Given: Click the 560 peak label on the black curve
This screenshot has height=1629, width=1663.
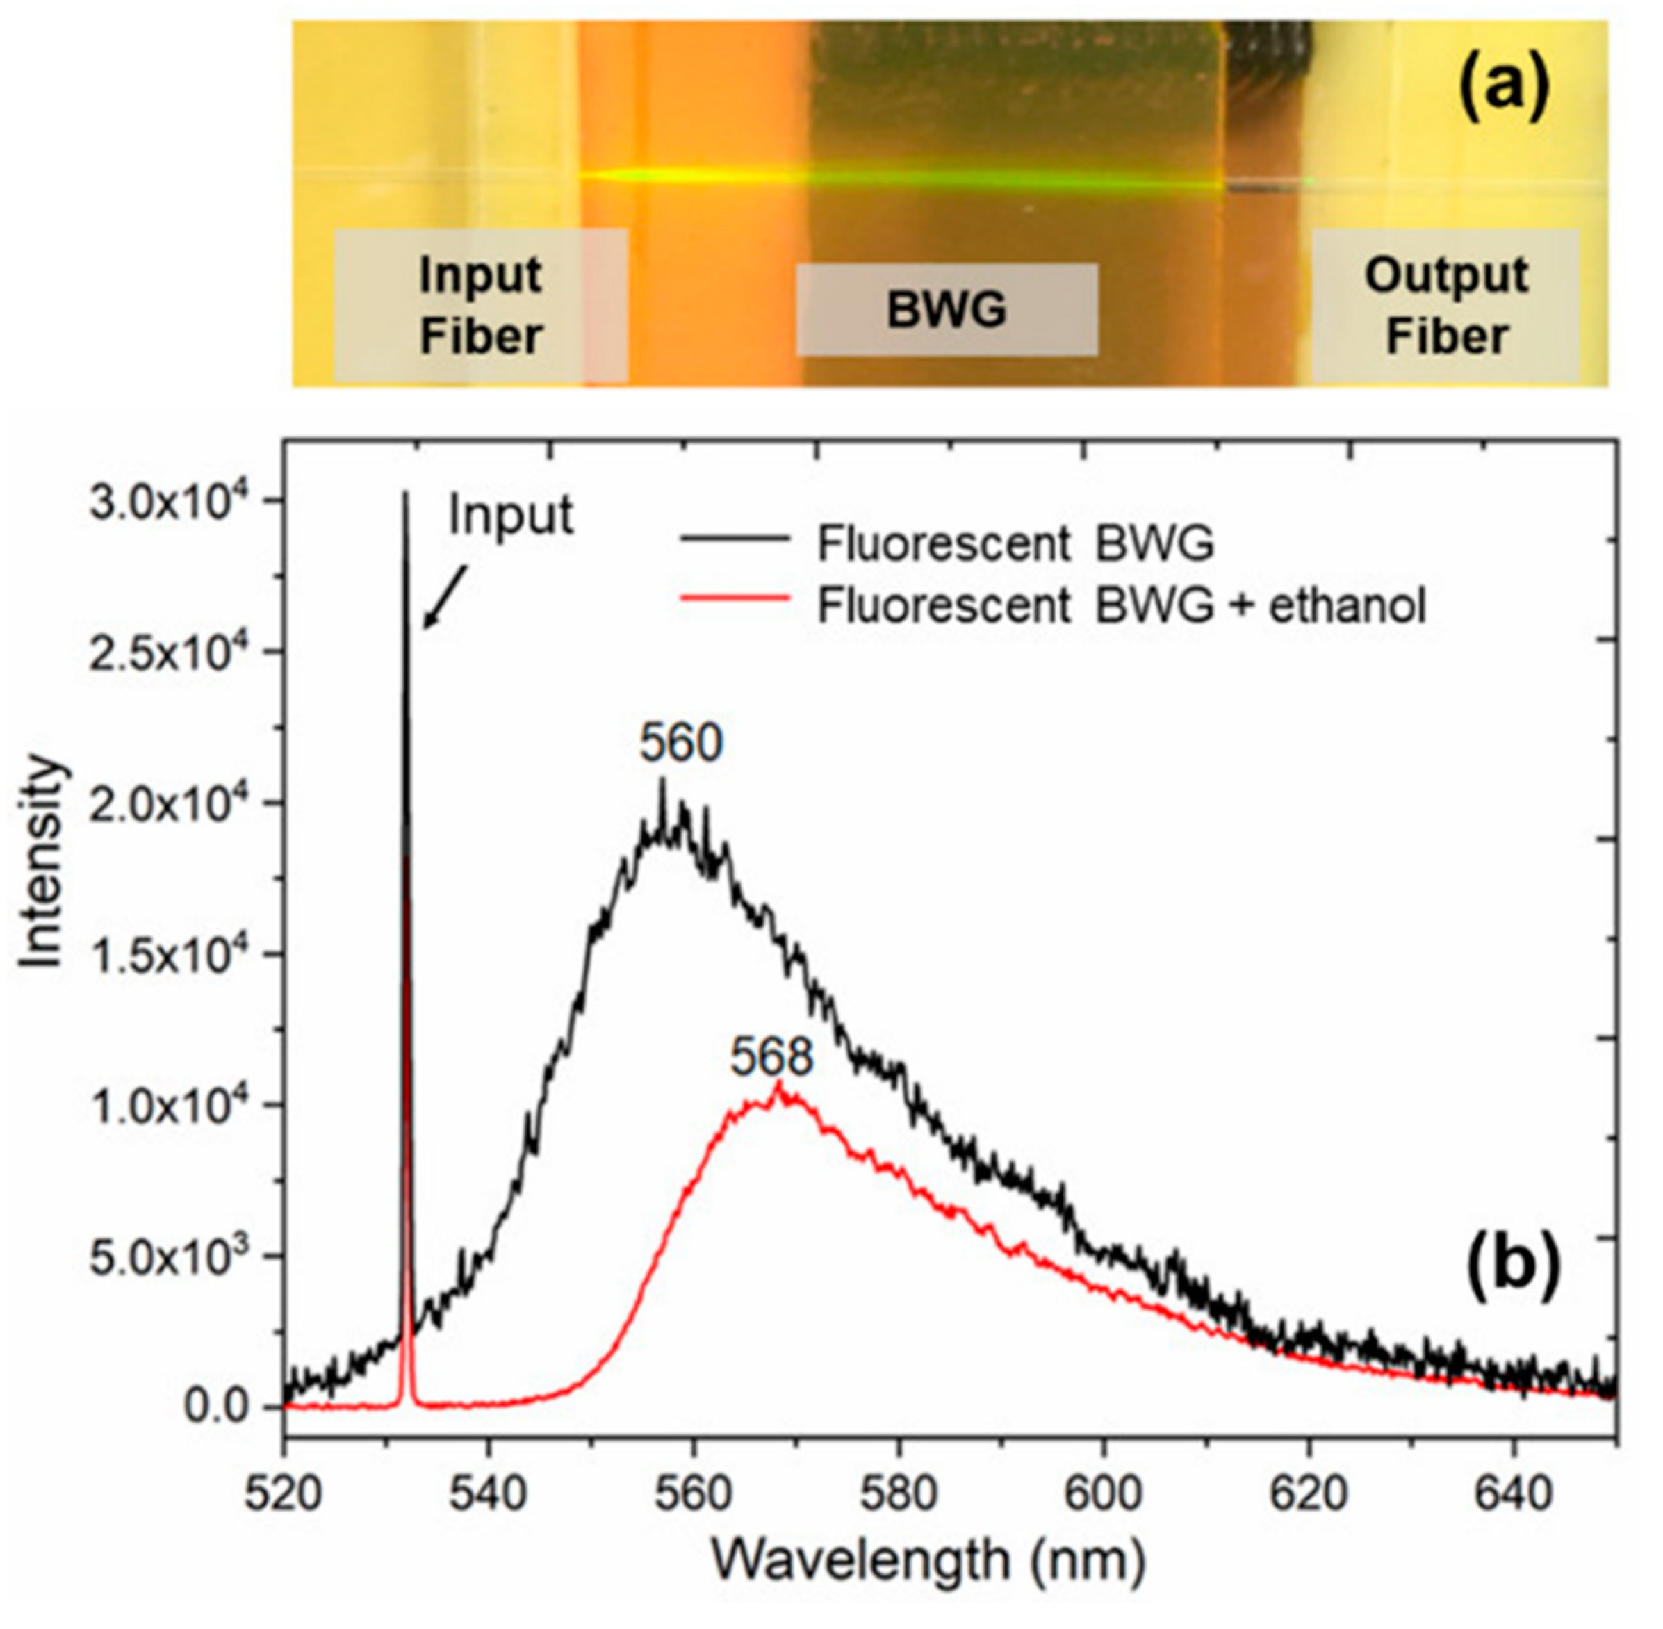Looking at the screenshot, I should tap(681, 744).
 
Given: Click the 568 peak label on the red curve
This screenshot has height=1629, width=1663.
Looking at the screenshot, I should tap(771, 1058).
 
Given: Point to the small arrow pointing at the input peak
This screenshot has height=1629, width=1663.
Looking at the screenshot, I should tap(443, 598).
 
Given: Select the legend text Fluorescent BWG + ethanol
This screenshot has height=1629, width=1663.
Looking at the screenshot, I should tap(1122, 606).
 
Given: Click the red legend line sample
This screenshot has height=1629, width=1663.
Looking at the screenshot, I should tap(734, 599).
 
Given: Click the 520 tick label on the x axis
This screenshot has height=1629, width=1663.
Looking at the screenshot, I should tap(285, 1493).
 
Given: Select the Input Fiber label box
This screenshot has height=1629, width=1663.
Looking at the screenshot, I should tap(481, 306).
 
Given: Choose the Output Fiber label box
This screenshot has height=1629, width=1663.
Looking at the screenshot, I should tap(1445, 306).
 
